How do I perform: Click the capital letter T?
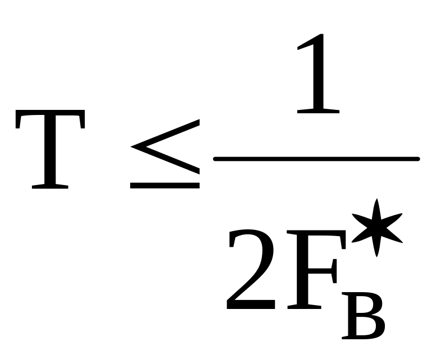tap(50, 149)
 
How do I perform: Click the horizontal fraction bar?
tap(316, 159)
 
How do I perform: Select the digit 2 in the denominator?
tap(251, 272)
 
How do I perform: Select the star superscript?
tap(376, 227)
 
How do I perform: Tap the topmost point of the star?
tap(376, 201)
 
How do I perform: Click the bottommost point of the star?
tap(376, 255)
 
